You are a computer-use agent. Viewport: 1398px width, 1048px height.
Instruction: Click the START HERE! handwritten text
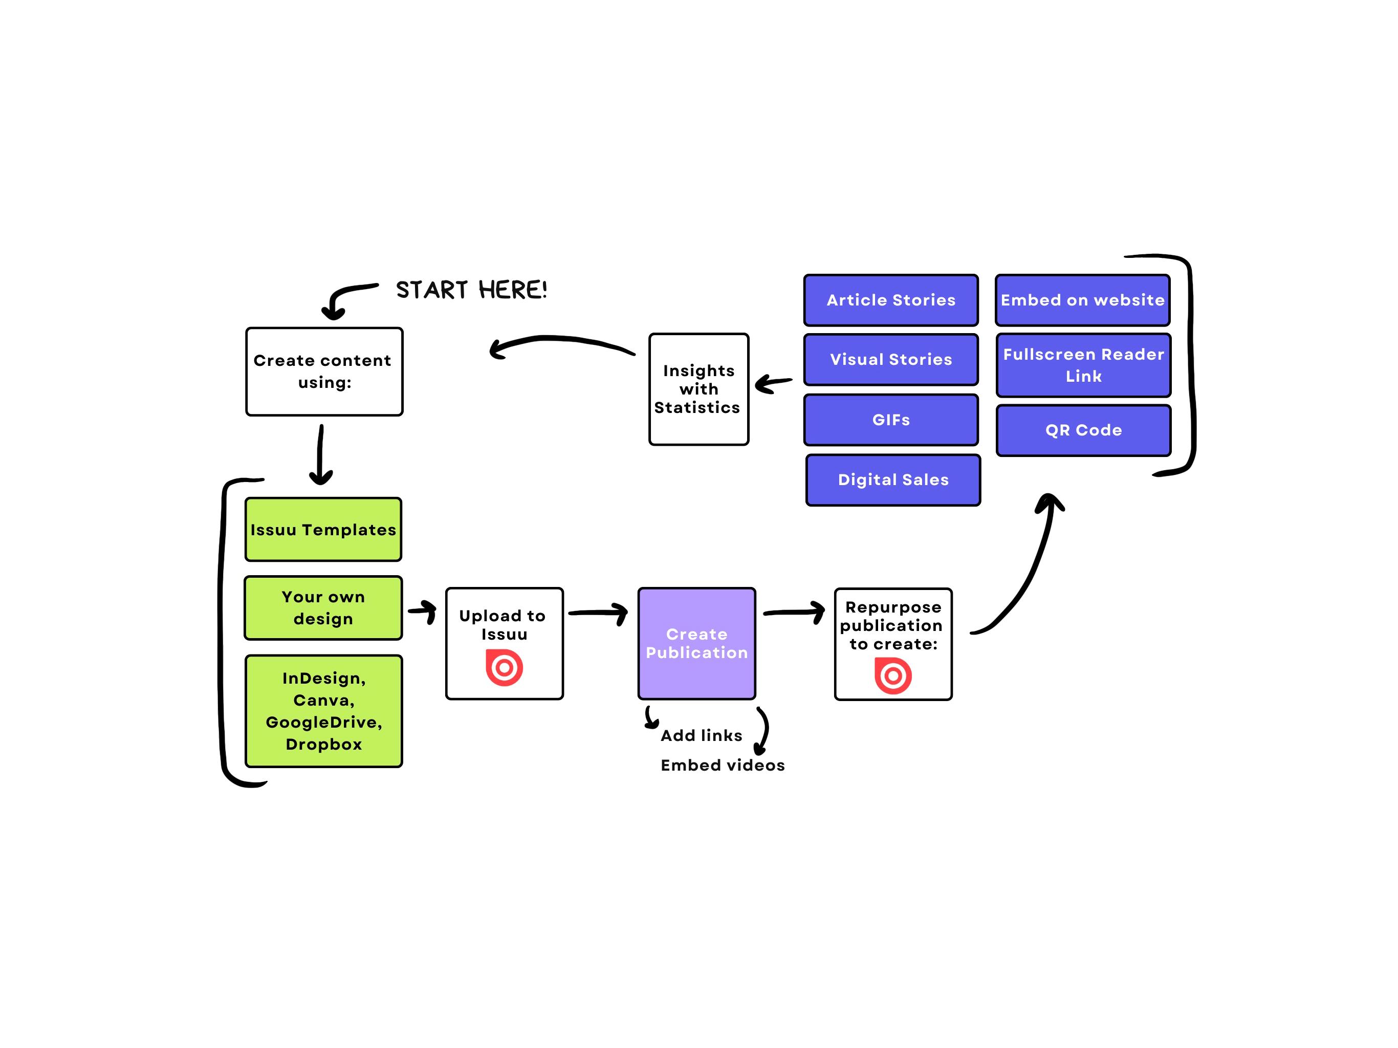coord(471,290)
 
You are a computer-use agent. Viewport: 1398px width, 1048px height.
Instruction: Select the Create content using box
coord(324,372)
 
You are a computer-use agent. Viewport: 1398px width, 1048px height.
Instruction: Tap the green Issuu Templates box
coord(323,530)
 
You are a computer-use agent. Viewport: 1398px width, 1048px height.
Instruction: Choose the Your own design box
coord(323,608)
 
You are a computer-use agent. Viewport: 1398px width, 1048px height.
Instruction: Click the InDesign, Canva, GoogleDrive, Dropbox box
coord(323,711)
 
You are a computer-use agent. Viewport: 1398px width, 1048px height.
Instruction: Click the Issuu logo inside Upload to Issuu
coord(505,667)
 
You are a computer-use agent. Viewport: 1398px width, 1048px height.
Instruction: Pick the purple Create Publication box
coord(697,643)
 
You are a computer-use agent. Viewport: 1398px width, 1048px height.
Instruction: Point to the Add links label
coord(702,735)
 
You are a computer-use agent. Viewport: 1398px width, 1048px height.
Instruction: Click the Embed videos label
coord(723,766)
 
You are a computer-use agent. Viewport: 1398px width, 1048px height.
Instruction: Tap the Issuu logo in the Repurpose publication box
coord(893,675)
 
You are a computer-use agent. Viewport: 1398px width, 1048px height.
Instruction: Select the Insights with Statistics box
coord(699,389)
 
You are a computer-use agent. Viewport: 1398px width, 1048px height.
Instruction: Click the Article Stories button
coord(891,300)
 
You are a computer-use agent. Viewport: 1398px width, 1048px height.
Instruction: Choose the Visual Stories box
coord(891,360)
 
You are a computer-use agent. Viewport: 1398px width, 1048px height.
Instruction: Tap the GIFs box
coord(891,420)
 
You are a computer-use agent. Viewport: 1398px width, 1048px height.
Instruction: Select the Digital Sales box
coord(893,480)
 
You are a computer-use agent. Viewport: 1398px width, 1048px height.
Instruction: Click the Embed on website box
coord(1083,300)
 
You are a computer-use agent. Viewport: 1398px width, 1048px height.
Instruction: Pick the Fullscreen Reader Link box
coord(1084,365)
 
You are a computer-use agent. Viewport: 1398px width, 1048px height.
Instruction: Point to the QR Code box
coord(1084,430)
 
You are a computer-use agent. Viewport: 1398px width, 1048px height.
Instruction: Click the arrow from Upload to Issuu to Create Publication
coord(598,613)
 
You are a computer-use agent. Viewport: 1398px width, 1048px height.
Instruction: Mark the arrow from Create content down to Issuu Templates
coord(321,455)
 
